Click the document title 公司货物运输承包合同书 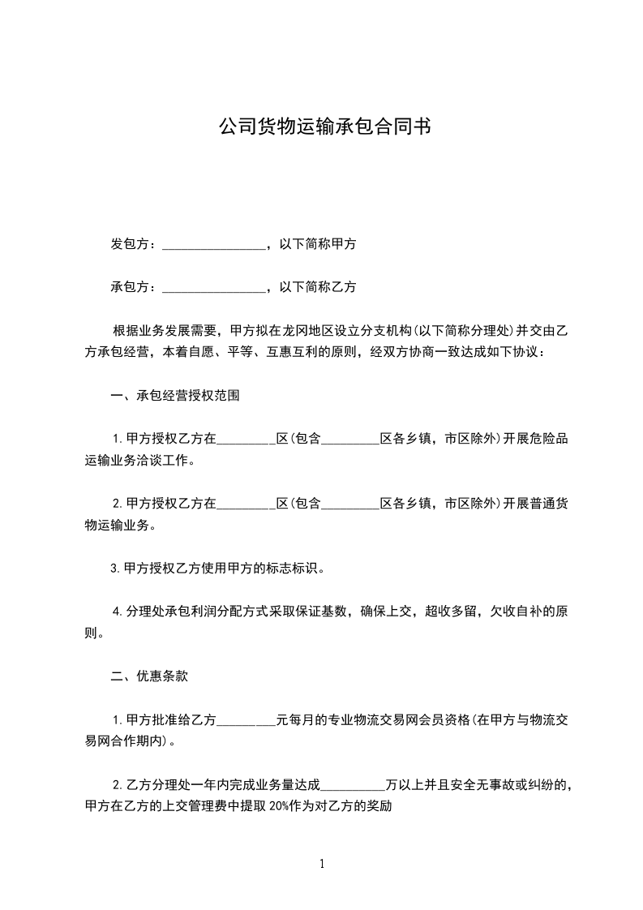pos(324,127)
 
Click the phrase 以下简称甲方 pos(317,244)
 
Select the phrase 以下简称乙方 pos(317,287)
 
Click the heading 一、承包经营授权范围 pos(174,396)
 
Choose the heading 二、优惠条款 pos(149,676)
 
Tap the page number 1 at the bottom pos(322,864)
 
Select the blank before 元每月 pos(247,719)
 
